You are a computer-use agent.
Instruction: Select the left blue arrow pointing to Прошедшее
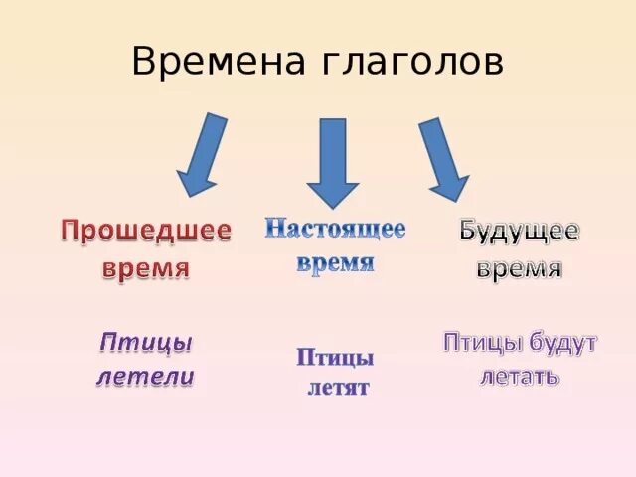[205, 154]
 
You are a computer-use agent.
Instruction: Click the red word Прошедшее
[146, 232]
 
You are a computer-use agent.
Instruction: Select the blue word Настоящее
[335, 229]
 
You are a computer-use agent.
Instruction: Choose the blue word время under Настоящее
[335, 262]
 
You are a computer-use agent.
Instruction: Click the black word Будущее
[519, 233]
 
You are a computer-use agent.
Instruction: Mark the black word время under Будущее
[519, 268]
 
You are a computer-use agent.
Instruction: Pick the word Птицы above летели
[145, 343]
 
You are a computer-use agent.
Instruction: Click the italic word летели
[145, 378]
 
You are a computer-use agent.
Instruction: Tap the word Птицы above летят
[335, 358]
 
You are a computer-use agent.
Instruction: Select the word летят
[337, 387]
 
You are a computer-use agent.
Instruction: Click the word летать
[519, 378]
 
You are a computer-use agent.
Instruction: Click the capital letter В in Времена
[143, 64]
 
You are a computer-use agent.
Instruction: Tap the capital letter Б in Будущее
[470, 233]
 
